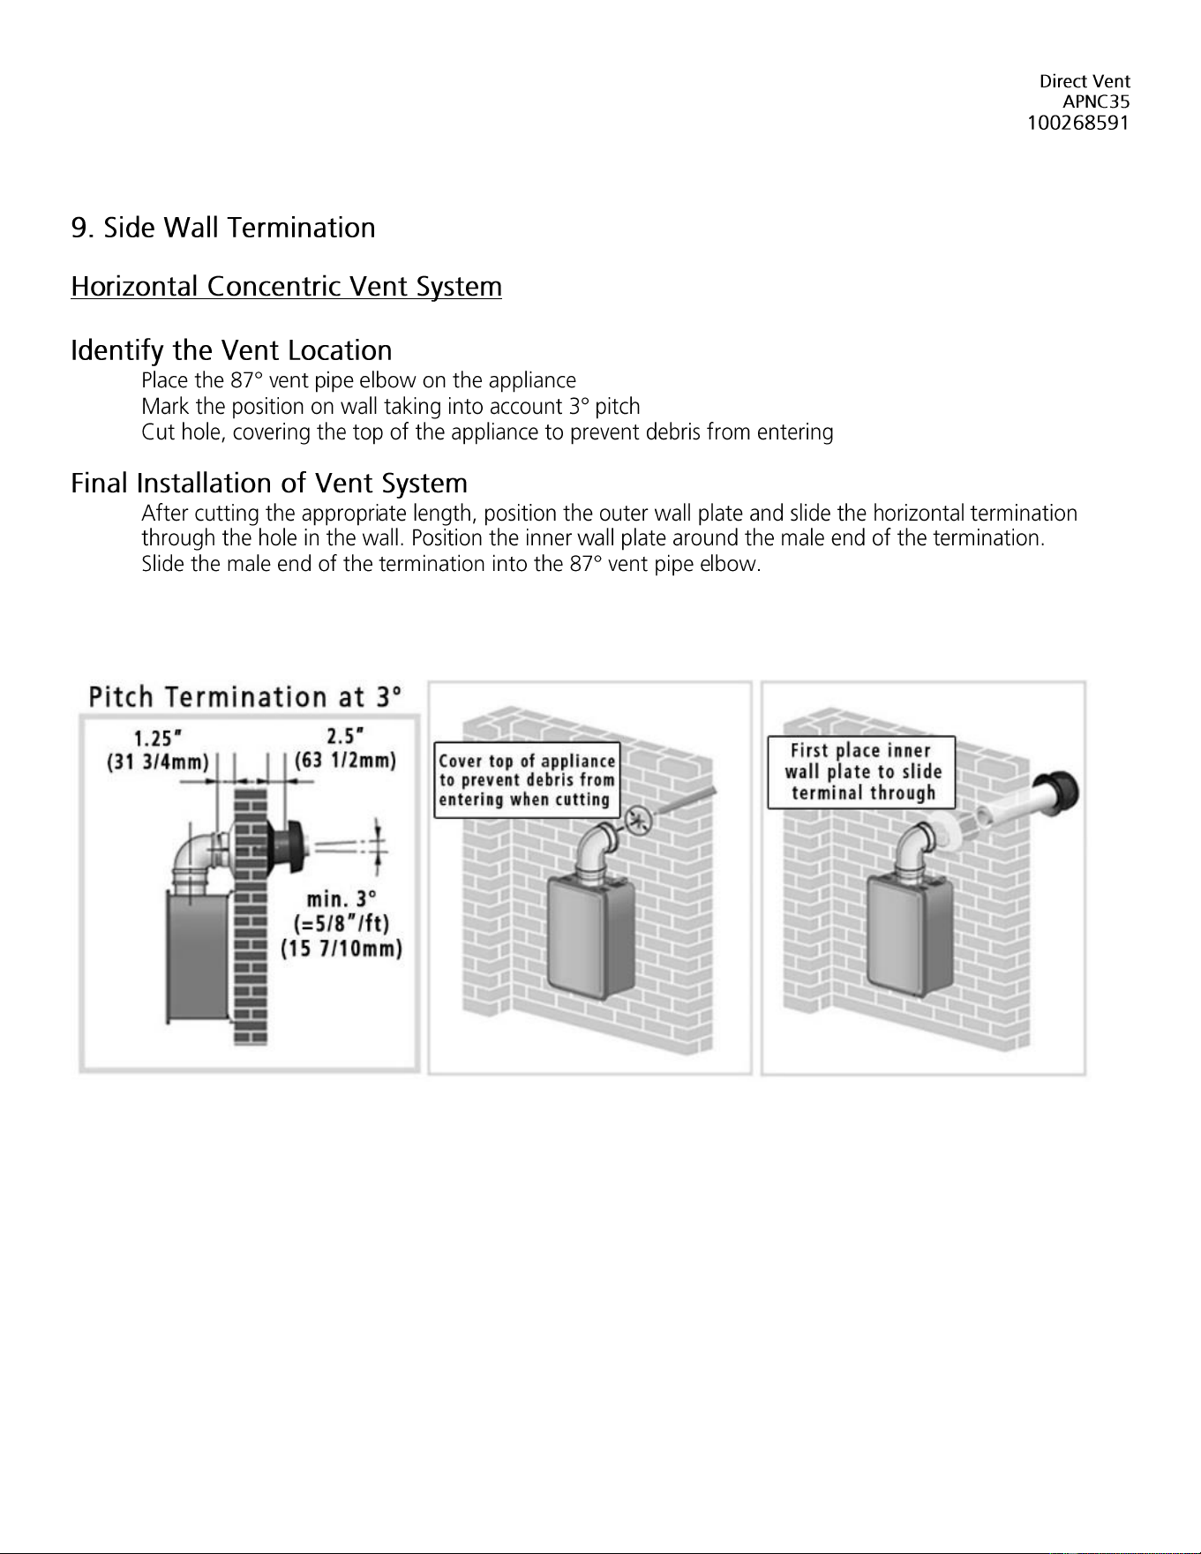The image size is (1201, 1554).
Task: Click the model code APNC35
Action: [1096, 102]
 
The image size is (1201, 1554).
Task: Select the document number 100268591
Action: [1078, 123]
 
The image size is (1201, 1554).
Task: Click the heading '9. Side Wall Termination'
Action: [223, 228]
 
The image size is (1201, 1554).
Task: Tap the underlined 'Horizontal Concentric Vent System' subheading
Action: [287, 287]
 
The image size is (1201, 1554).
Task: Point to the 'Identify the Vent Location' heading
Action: [231, 351]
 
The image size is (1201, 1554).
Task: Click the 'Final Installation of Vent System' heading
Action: [269, 484]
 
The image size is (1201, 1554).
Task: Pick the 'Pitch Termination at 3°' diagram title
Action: [245, 697]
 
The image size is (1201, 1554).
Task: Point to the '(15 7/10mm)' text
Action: [342, 950]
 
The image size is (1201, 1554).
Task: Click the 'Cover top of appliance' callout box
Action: [527, 781]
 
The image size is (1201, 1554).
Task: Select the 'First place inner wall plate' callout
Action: [861, 772]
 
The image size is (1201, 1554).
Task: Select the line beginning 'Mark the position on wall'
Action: [391, 407]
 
